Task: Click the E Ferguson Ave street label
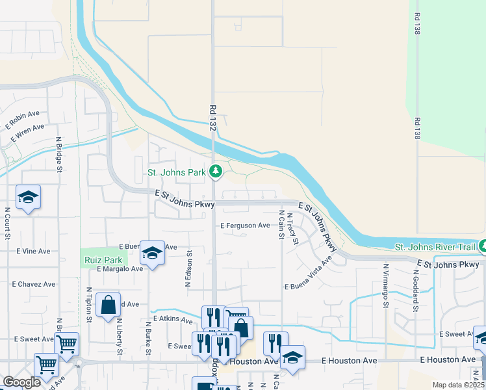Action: point(245,226)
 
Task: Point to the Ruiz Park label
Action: point(99,260)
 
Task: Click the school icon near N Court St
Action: point(29,197)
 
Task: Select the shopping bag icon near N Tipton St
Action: point(108,305)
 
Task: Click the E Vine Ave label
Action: point(34,251)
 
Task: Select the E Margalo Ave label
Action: point(120,268)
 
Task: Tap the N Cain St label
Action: point(281,224)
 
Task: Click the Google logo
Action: point(21,382)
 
